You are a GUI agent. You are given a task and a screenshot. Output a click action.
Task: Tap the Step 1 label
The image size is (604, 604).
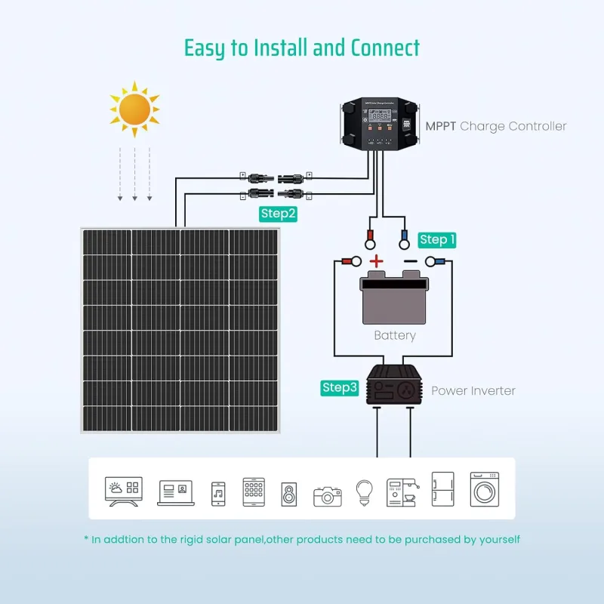click(437, 240)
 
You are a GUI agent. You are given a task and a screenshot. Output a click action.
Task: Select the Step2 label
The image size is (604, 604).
click(278, 214)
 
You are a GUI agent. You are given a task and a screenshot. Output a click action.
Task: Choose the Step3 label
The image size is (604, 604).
click(339, 388)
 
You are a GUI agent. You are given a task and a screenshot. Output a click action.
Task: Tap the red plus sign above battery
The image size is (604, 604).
click(376, 262)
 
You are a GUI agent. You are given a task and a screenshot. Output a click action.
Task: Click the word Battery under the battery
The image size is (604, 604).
click(394, 335)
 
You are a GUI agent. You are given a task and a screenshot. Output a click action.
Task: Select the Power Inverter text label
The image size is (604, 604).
click(473, 391)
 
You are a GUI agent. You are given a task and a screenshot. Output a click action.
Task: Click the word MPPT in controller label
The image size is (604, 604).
click(440, 126)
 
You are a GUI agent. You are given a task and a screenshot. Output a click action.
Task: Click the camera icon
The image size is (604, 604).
click(328, 495)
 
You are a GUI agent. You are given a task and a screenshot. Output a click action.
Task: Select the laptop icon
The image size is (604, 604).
click(175, 492)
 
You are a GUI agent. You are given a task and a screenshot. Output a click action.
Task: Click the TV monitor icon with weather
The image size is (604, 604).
click(125, 492)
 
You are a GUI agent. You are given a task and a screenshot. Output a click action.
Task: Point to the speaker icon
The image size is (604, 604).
click(290, 494)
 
